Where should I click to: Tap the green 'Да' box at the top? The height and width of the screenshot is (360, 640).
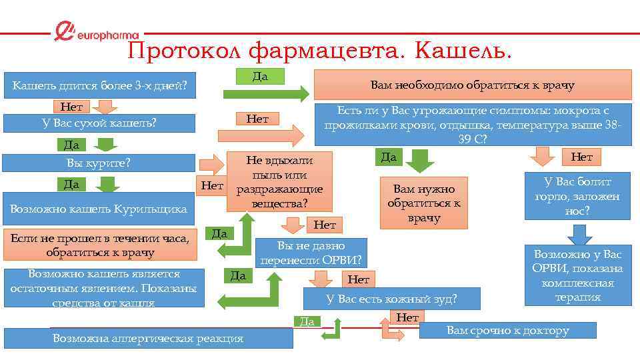coord(261,76)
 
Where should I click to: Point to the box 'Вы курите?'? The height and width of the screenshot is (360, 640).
coord(99,163)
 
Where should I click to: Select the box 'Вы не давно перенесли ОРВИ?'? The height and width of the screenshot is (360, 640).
coord(311,252)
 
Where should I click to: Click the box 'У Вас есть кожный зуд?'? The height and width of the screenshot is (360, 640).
coord(391,299)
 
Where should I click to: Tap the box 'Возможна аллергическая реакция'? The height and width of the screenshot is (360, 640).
coord(148,338)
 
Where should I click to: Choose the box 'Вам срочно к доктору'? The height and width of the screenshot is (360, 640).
coord(507,330)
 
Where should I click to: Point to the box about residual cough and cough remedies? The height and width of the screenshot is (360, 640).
coord(103,288)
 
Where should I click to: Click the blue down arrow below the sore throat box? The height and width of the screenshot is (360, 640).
coord(578,234)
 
